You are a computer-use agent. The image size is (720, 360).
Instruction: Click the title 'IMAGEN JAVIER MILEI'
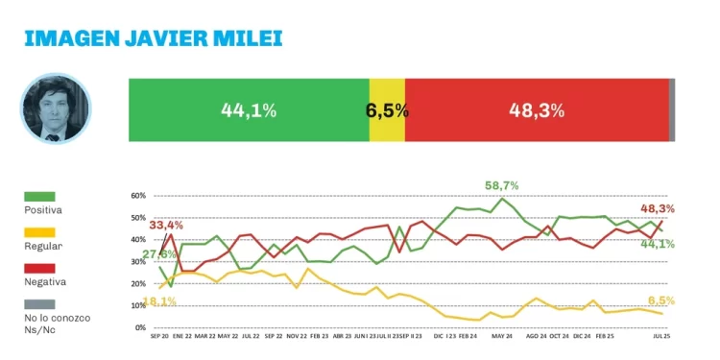(153, 38)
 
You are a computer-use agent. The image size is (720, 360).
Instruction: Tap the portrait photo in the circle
(56, 109)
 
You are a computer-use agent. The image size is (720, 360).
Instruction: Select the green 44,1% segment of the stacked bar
(248, 110)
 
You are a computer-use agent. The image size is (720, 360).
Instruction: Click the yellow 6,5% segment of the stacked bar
(387, 110)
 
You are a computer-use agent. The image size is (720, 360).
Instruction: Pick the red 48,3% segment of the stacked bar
(536, 110)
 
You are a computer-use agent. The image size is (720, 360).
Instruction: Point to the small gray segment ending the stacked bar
(672, 110)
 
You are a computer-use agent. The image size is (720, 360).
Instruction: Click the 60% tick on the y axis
(137, 196)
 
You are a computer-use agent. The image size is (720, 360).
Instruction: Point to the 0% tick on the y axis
(139, 328)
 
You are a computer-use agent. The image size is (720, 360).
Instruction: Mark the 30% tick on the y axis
(137, 262)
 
